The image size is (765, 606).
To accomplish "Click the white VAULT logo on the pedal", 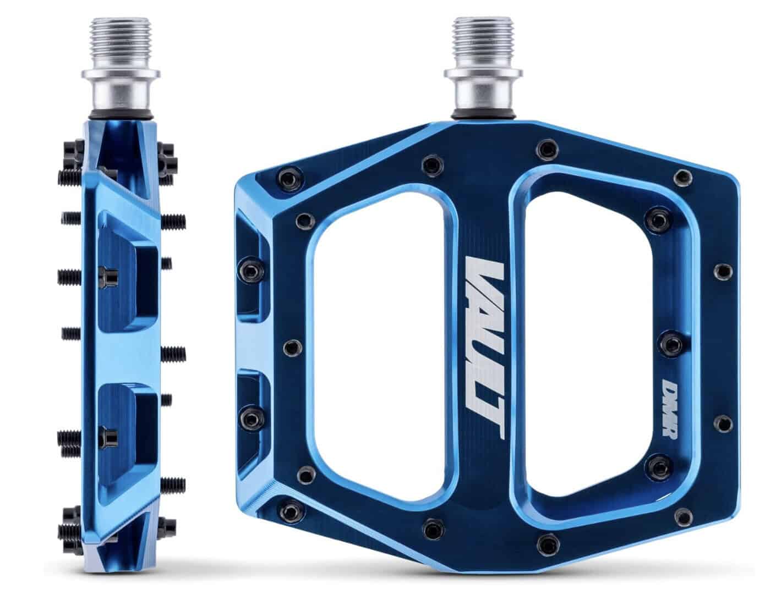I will [x=484, y=350].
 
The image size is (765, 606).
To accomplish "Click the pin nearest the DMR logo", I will [x=670, y=344].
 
